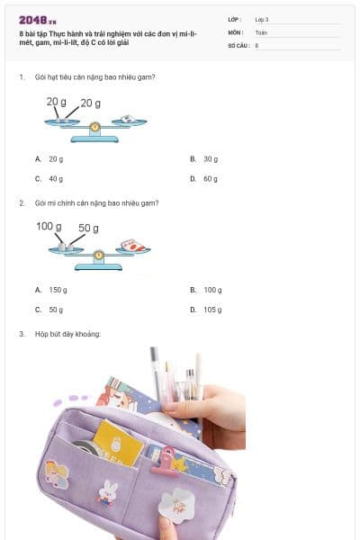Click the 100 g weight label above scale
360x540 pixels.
[x=49, y=226]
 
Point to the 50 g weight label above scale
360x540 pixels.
[x=89, y=228]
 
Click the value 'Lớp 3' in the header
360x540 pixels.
[x=262, y=19]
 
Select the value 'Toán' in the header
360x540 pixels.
[x=261, y=31]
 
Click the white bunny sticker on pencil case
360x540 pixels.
[x=109, y=491]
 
